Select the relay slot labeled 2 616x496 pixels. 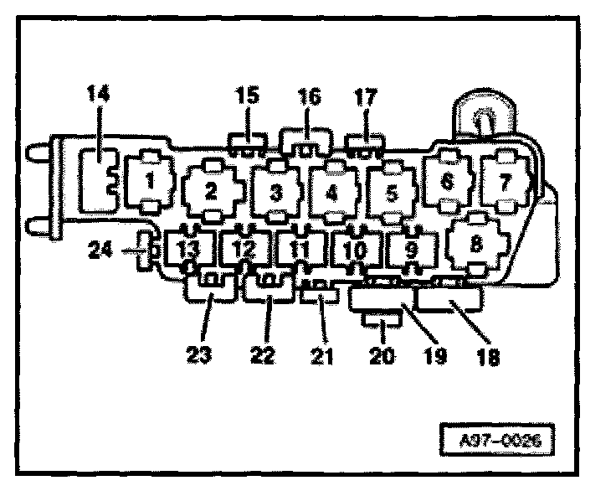(x=210, y=190)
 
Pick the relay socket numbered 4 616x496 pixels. (x=331, y=192)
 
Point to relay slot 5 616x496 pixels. (x=390, y=194)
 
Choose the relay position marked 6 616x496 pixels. (x=447, y=179)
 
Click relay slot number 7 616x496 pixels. (x=504, y=179)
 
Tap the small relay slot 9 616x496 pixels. (x=410, y=249)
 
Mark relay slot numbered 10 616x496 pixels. (x=355, y=250)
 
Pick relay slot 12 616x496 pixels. (x=243, y=249)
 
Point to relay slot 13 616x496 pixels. (x=187, y=249)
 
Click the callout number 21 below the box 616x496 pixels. (x=322, y=355)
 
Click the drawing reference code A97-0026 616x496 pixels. (x=496, y=438)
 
